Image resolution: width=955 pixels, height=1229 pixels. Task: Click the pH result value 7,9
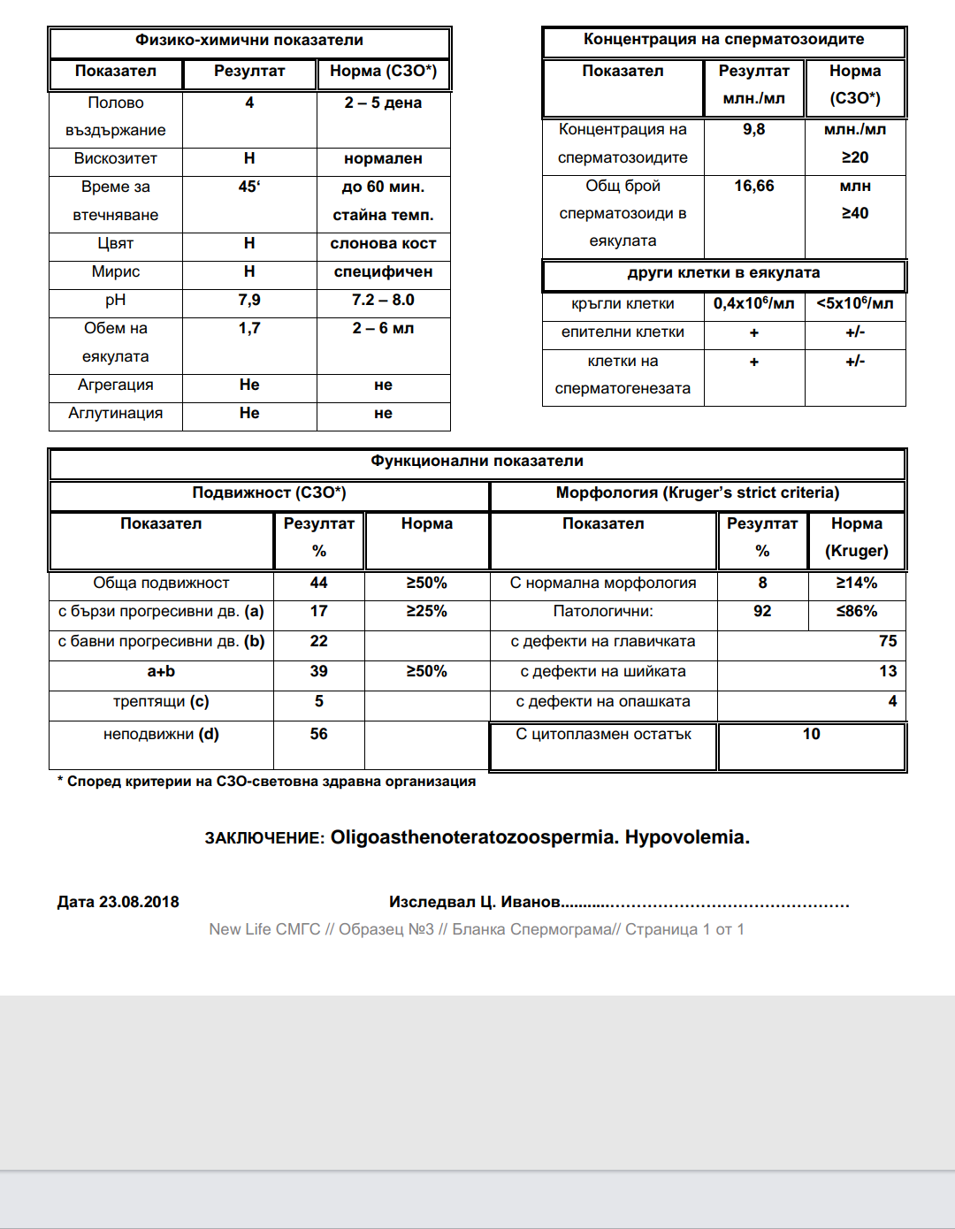(x=249, y=301)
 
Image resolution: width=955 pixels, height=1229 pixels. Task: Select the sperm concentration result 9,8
(x=753, y=130)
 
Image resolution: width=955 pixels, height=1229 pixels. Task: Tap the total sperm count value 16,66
(x=753, y=187)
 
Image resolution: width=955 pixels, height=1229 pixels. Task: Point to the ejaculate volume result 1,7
(x=249, y=329)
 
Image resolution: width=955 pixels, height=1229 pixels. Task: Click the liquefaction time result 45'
(x=249, y=187)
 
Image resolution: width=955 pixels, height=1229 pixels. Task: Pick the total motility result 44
(x=318, y=584)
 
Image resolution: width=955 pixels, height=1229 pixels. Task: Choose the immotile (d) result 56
(x=318, y=735)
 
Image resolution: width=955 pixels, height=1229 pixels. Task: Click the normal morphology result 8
(x=762, y=584)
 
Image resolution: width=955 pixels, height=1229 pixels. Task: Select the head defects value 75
(x=888, y=642)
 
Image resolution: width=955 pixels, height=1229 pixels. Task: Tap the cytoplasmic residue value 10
(x=811, y=735)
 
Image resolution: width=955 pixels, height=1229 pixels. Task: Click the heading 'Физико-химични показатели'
(x=249, y=41)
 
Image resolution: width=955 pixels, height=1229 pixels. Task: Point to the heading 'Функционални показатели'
(x=477, y=462)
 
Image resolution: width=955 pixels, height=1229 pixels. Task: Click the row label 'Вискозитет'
(x=116, y=159)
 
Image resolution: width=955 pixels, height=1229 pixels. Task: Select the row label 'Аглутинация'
(x=116, y=414)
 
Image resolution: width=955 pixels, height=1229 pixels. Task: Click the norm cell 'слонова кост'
(x=383, y=244)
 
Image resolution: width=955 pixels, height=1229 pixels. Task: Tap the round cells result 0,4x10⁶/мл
(x=753, y=304)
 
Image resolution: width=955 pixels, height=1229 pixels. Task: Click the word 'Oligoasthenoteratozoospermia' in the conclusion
(x=473, y=837)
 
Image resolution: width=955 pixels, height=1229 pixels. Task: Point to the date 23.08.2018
(x=139, y=903)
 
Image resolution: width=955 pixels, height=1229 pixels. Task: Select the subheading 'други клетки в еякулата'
(x=723, y=273)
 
